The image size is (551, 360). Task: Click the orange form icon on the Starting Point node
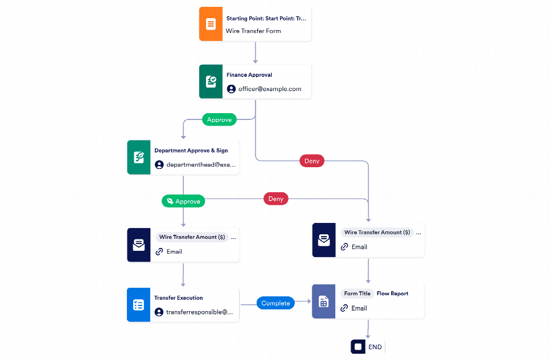211,24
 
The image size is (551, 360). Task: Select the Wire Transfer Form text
253,31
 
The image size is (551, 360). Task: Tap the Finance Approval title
249,75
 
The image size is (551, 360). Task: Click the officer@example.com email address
270,89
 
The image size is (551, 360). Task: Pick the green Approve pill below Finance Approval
219,119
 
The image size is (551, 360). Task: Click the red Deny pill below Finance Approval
312,161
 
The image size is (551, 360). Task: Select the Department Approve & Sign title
191,151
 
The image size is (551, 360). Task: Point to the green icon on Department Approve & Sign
138,158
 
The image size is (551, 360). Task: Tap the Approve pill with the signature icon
183,201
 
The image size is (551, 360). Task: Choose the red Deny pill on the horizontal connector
275,198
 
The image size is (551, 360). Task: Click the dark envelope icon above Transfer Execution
138,245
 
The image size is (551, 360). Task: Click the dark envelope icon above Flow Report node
324,240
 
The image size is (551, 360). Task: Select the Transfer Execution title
178,297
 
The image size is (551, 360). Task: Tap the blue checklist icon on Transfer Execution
138,305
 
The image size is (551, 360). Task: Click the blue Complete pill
275,303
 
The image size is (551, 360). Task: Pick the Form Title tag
357,293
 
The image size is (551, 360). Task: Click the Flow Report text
392,293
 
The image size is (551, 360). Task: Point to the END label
375,346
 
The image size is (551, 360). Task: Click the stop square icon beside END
358,346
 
